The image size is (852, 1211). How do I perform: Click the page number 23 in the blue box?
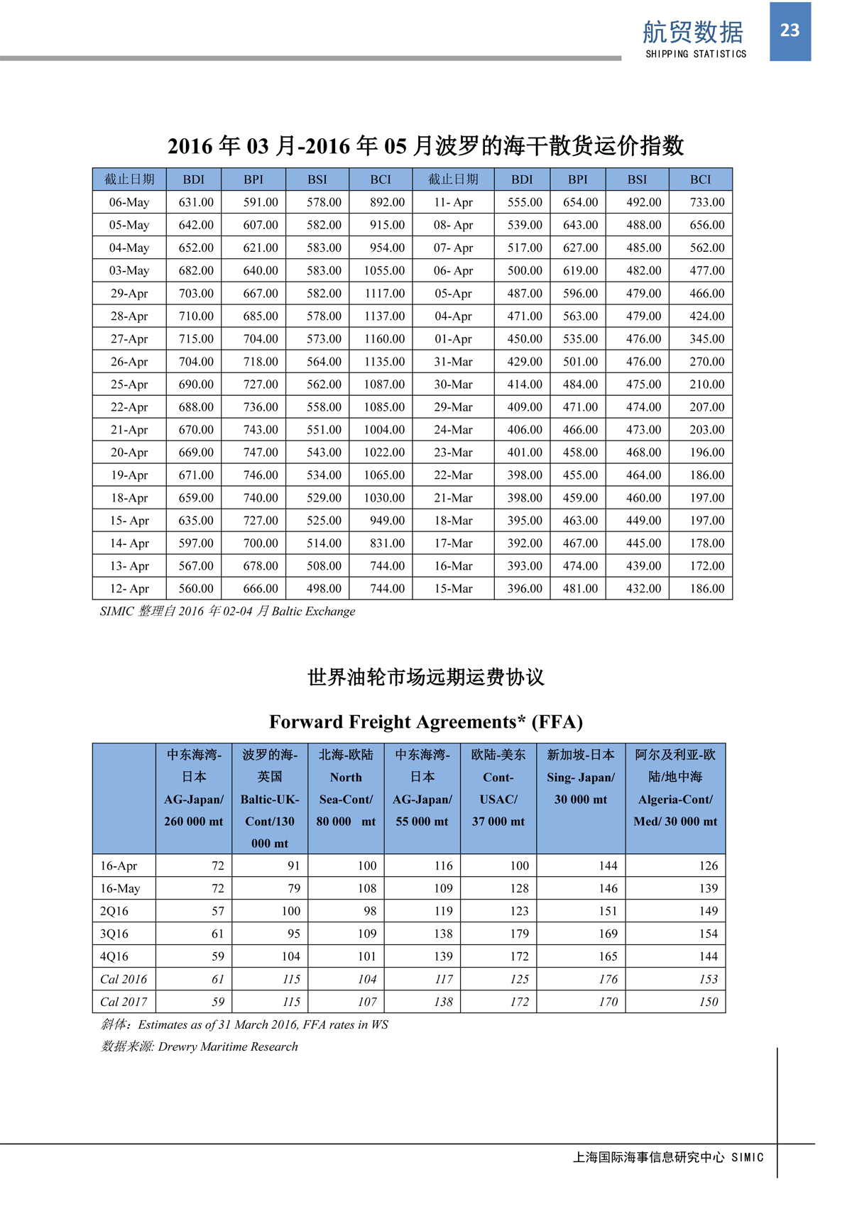coord(790,31)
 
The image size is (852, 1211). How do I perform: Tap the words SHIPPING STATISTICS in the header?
coord(696,54)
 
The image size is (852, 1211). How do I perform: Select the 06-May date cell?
coord(129,202)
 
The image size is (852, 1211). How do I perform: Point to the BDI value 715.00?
coord(196,338)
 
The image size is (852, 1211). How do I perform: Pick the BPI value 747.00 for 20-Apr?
coord(261,452)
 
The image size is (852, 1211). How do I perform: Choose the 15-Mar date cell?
coord(453,588)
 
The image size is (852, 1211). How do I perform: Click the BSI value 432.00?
coord(643,588)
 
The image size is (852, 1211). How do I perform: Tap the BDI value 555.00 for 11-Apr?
coord(525,202)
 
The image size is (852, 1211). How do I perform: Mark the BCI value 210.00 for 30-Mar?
coord(707,384)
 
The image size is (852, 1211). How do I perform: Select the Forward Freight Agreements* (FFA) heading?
coord(426,721)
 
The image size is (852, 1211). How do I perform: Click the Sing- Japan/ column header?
coord(581,777)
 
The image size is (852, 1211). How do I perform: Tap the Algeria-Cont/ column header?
coord(675,799)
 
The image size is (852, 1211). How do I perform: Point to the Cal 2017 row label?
coord(124,1001)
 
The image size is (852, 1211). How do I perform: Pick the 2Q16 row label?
coord(114,910)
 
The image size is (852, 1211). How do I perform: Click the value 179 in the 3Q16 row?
coord(519,933)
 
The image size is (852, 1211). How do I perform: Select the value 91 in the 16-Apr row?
coord(293,865)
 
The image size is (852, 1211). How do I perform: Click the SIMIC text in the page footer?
coord(748,1157)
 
